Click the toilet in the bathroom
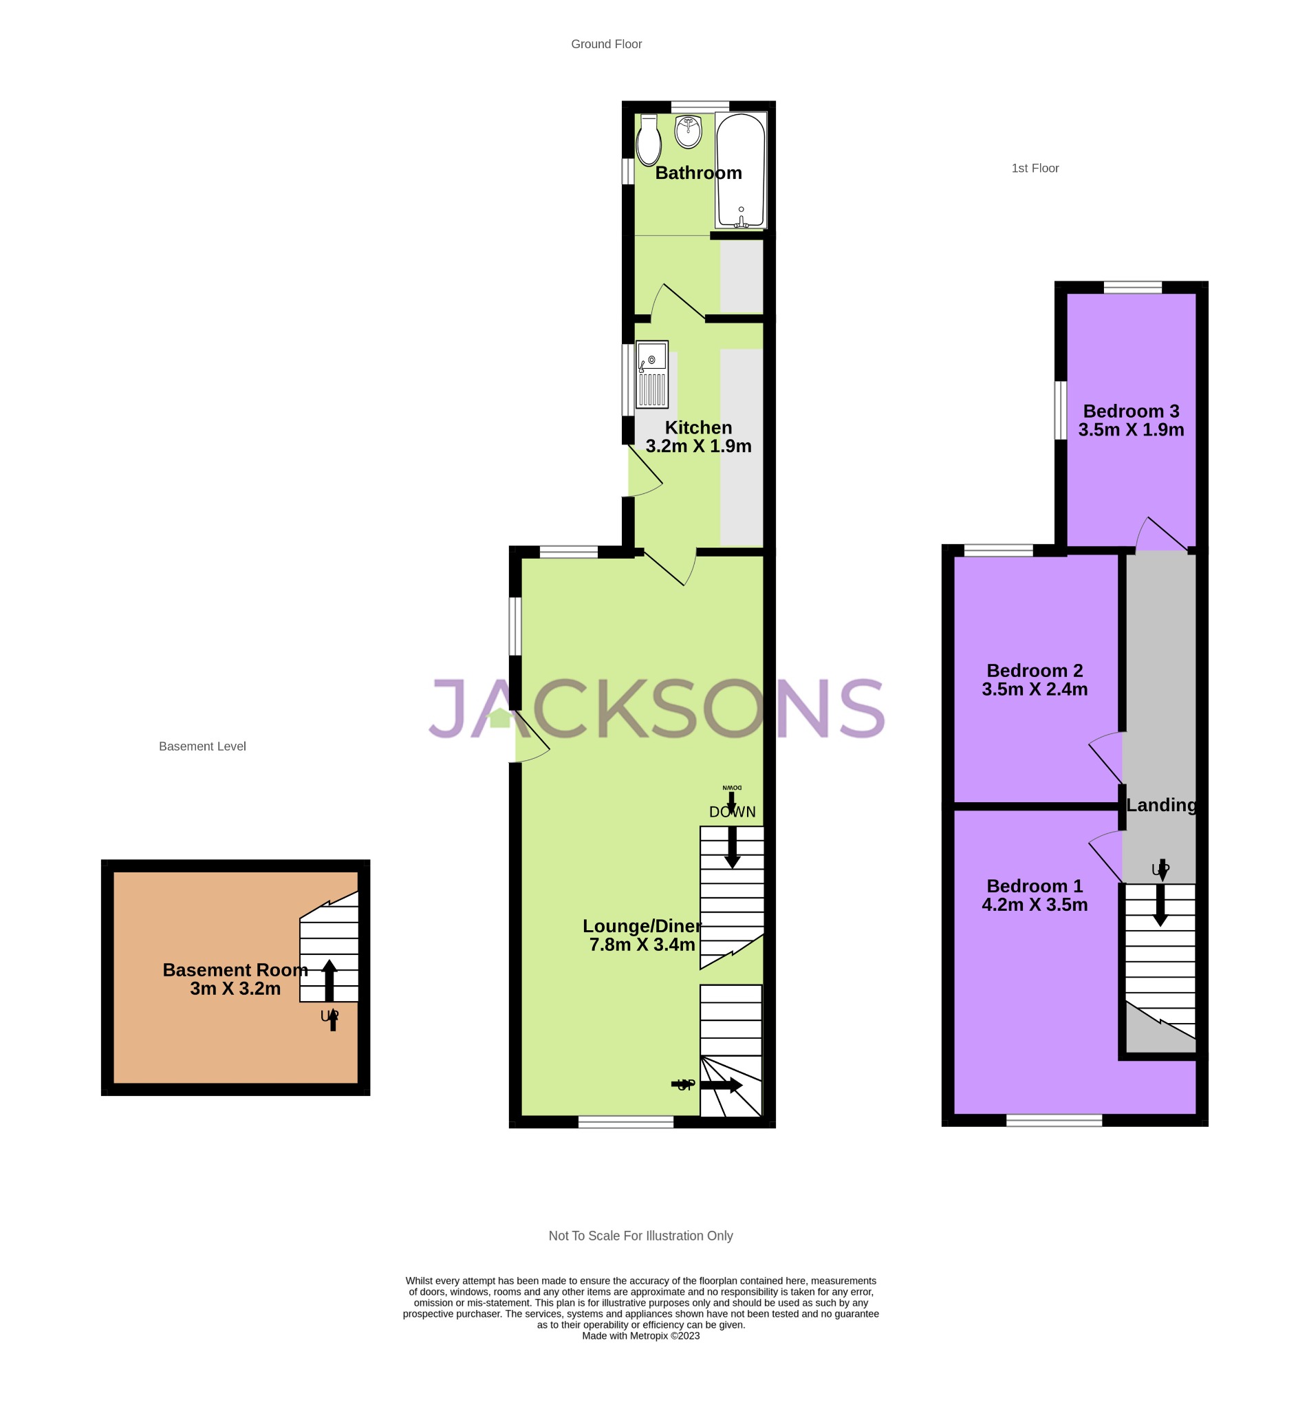648,141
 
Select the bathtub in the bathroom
740,171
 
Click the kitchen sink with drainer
651,375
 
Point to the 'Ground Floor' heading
606,44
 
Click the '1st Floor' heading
1035,168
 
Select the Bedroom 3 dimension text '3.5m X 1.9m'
1131,430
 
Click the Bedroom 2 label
1034,670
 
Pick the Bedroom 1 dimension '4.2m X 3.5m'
1034,905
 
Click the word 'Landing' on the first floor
1161,805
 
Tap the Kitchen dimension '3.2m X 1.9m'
697,447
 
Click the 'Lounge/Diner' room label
642,926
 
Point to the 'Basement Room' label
235,970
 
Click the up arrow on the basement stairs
329,980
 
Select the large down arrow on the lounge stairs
732,847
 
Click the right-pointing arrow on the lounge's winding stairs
721,1085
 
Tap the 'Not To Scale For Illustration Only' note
640,1236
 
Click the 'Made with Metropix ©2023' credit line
640,1336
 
